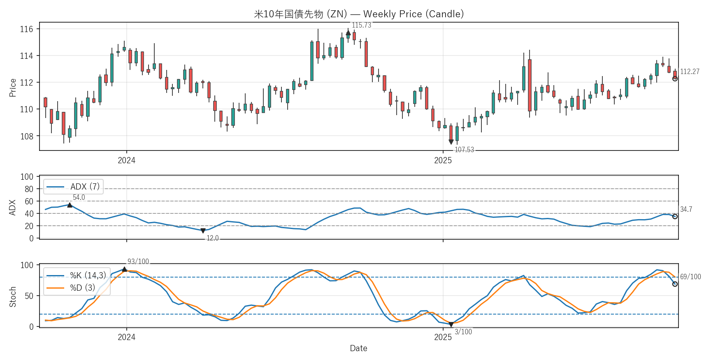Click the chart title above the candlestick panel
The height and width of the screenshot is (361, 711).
pos(359,14)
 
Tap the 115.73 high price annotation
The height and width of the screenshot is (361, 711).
pos(361,25)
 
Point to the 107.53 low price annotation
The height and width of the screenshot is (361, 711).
pos(464,150)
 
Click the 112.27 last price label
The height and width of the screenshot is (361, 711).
pos(690,72)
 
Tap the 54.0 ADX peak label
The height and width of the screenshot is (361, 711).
pos(79,197)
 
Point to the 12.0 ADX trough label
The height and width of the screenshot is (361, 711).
pos(212,238)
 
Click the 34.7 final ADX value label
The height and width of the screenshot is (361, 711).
pos(686,209)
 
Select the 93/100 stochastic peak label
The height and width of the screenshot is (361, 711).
pos(138,261)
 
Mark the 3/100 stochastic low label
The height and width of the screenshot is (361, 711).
pos(463,332)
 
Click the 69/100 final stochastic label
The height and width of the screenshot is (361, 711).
pos(690,277)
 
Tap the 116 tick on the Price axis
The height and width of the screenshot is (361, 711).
pos(26,29)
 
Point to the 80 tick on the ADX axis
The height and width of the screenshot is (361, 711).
pos(29,189)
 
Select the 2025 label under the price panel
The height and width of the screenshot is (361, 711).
pos(443,160)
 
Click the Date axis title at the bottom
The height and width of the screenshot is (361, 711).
pos(358,348)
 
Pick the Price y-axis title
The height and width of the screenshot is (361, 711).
pos(13,88)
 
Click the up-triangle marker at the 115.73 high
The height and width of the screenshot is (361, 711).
pos(348,33)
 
